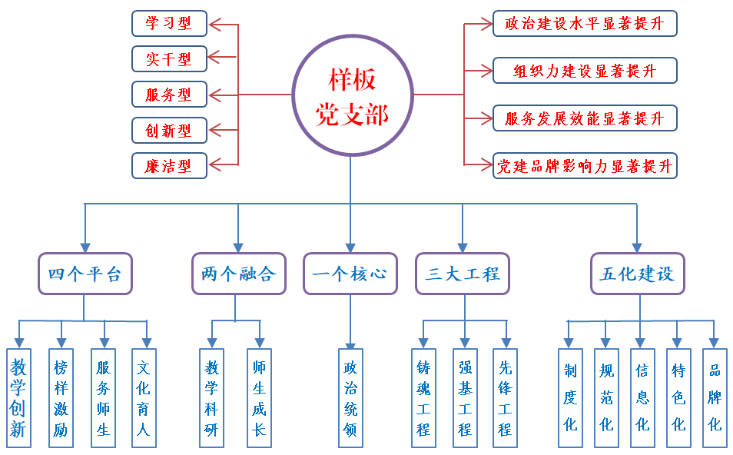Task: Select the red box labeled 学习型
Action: click(x=169, y=23)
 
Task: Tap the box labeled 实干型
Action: click(x=169, y=59)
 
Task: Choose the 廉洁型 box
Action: click(x=169, y=165)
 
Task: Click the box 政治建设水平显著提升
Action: click(x=585, y=23)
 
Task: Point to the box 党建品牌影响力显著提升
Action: click(x=585, y=165)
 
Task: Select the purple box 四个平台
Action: click(x=85, y=274)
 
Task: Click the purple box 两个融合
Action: click(x=238, y=274)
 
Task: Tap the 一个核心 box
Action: click(x=350, y=274)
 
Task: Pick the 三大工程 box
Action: click(x=463, y=274)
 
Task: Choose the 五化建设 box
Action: click(x=637, y=274)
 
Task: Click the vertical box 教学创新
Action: click(x=18, y=398)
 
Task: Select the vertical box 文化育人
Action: click(x=144, y=398)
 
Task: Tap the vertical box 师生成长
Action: click(x=259, y=398)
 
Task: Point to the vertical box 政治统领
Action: click(x=350, y=398)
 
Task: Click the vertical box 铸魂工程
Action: click(x=423, y=398)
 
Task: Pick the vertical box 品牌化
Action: click(x=715, y=398)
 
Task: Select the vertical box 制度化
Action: click(x=570, y=398)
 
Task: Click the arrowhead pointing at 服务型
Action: click(x=216, y=95)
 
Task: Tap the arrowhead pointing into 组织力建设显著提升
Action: click(x=486, y=71)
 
